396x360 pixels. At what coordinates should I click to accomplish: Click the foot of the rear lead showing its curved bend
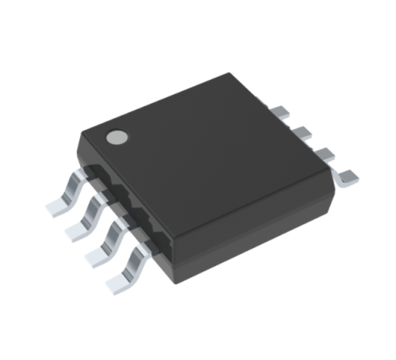(x=347, y=176)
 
